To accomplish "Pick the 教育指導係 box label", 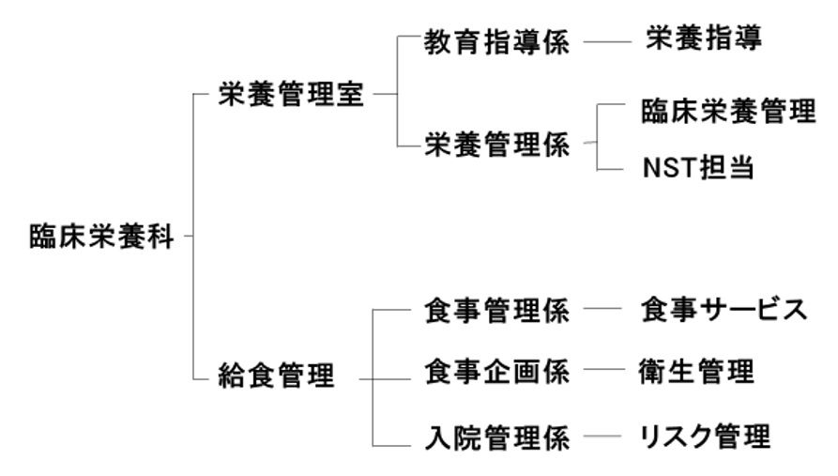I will point(496,43).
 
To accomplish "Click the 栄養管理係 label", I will point(496,145).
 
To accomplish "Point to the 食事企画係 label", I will point(496,372).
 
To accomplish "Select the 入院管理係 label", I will point(496,438).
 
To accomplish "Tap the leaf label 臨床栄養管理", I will point(728,113).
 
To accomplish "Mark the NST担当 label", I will point(698,170).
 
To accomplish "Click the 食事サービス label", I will point(724,310).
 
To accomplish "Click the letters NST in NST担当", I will point(668,170).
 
